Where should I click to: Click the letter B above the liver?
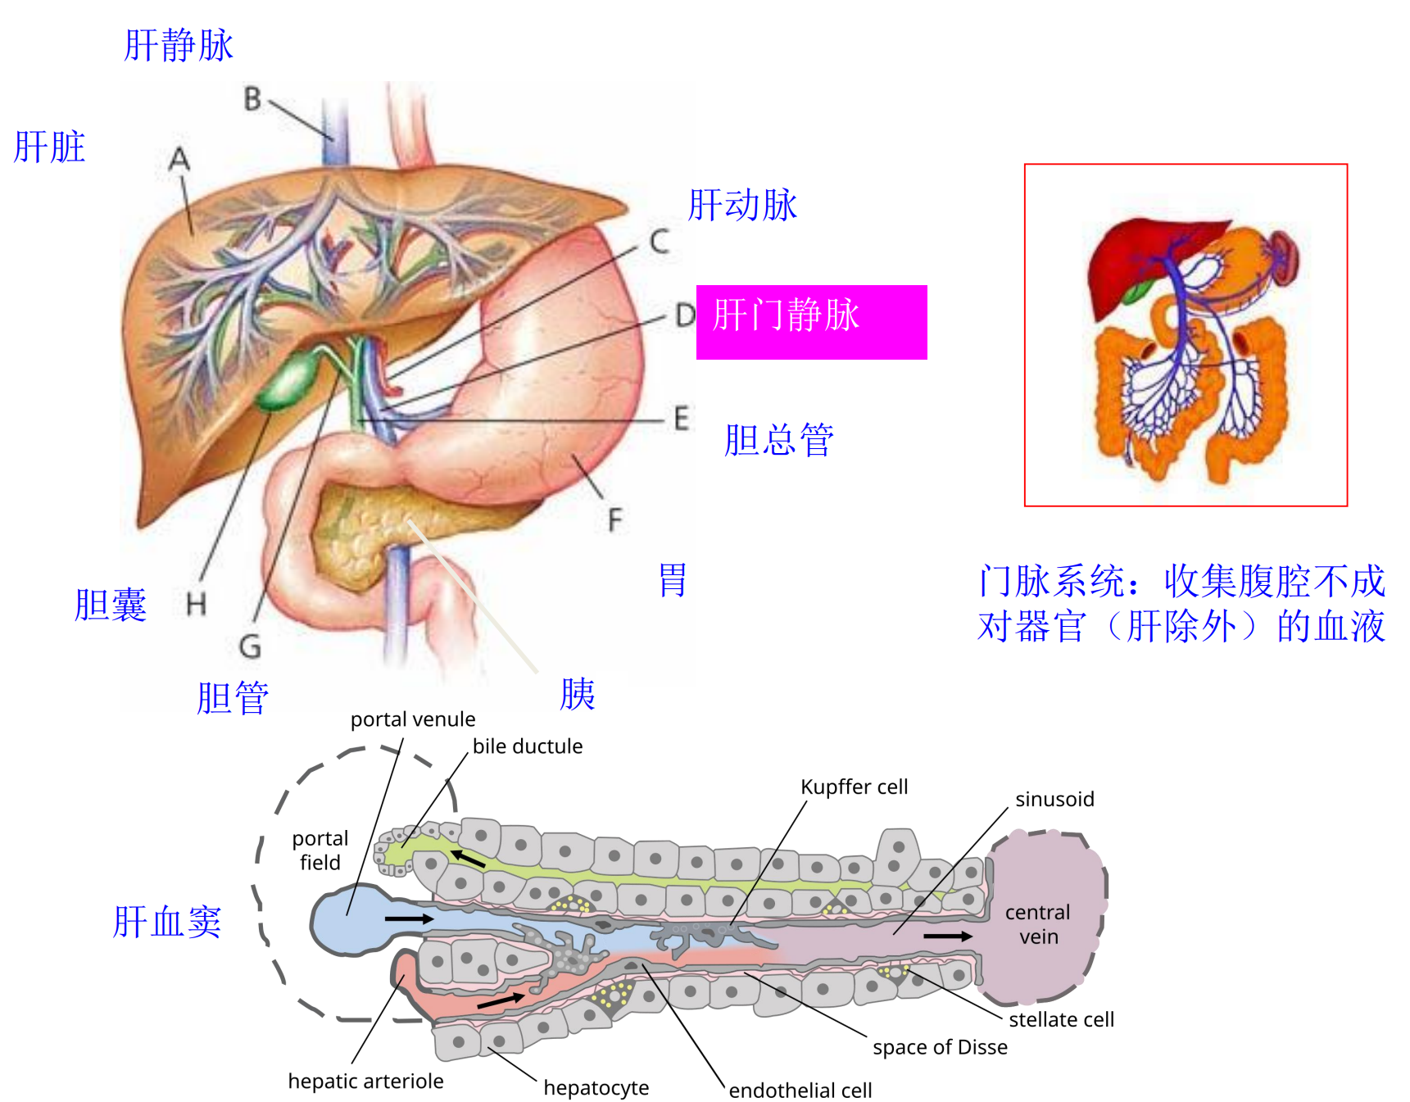(252, 99)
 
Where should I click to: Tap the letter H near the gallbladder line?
(196, 605)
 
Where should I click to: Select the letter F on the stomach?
(614, 519)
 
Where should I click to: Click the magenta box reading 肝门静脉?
(810, 322)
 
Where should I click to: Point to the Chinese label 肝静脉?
(179, 45)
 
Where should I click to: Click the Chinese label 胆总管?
(778, 440)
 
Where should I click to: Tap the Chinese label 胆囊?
(111, 605)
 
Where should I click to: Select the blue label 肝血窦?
(167, 922)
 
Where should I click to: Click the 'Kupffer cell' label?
(854, 787)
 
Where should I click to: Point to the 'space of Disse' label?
(940, 1047)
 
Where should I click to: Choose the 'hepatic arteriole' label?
(365, 1081)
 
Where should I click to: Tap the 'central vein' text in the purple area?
(1037, 924)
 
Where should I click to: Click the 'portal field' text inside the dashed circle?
(320, 850)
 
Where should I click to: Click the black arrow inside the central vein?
(947, 936)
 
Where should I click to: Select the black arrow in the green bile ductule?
(468, 858)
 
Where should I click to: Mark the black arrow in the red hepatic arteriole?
(501, 1000)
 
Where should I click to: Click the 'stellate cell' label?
(1061, 1019)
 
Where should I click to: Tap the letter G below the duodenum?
(250, 646)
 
